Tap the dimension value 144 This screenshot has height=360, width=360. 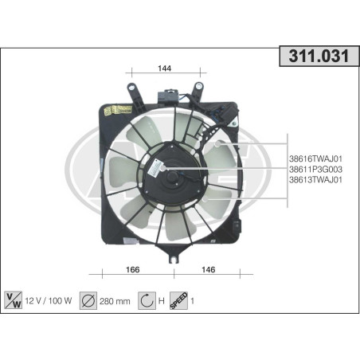coord(165,68)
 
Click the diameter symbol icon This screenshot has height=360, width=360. coord(88,302)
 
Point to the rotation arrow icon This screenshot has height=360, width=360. coord(147,302)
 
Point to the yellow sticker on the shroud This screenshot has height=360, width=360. coord(120,108)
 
